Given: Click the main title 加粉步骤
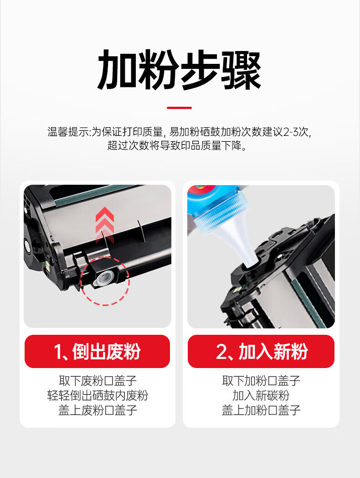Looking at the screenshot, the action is coord(179,70).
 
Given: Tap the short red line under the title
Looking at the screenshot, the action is coord(180,108).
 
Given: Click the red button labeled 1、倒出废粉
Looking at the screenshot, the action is coord(97,351).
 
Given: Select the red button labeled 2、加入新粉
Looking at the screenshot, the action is coord(261,351).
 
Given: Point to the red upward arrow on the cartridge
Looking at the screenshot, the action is coord(105,225).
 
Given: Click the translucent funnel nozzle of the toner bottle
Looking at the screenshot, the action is coord(241,244).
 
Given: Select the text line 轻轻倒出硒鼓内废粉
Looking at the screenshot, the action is coord(98,395).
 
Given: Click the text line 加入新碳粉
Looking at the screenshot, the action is coord(261,395).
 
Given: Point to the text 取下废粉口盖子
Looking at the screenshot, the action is coord(98,381).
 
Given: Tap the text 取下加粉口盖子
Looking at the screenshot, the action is coord(261,381).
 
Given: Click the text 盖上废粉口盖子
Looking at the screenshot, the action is coord(98,410).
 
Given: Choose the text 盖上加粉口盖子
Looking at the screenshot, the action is coord(261,410).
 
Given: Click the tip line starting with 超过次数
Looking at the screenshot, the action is coord(177,145).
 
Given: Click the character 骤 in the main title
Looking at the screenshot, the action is coord(241,70).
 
